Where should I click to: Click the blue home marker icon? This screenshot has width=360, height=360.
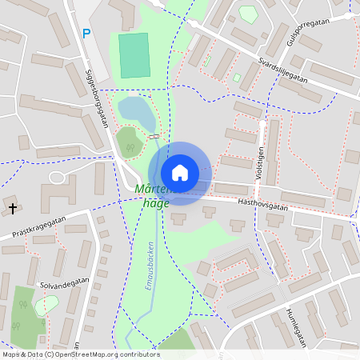click(180, 173)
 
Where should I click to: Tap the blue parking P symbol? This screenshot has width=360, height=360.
click(86, 34)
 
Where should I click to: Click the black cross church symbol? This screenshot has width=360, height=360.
click(13, 209)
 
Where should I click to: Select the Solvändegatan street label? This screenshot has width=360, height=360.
click(63, 283)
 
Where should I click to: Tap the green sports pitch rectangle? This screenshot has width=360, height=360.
click(134, 55)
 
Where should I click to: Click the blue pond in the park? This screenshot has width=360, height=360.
click(137, 112)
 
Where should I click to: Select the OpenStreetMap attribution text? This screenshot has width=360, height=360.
click(81, 354)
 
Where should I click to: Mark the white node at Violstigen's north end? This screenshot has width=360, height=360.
click(262, 125)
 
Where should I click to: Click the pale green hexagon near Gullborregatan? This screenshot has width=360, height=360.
click(248, 14)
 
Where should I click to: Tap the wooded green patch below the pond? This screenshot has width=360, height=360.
click(130, 142)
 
